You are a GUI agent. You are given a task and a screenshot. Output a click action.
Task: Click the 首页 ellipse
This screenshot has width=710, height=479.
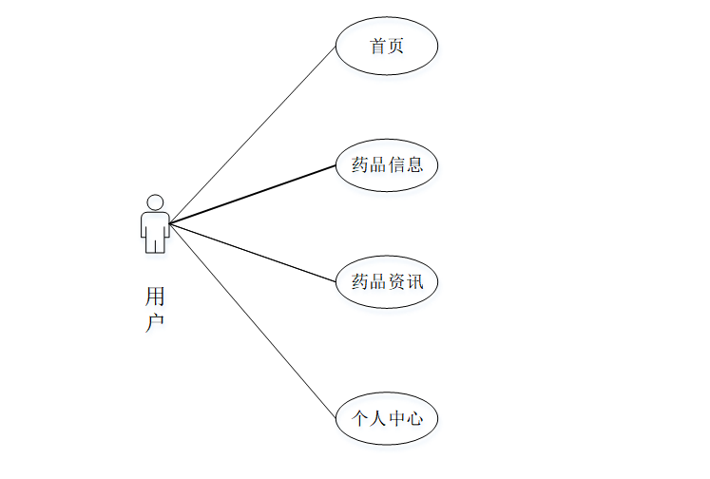point(387,46)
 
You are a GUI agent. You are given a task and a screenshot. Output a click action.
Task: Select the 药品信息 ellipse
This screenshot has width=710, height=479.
point(387,164)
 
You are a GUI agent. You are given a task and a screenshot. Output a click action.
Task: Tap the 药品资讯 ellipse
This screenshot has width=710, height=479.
point(387,281)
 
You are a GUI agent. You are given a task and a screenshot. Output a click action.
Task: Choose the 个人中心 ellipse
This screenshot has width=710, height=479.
point(387,417)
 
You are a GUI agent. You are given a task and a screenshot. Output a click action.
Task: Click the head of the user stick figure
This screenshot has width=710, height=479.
point(155,202)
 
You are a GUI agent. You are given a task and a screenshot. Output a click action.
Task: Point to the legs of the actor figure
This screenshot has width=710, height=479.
point(155,243)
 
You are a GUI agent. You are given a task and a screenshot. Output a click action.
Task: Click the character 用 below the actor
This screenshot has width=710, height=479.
point(155,296)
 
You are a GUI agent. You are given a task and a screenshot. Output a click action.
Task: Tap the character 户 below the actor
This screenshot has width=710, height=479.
point(155,322)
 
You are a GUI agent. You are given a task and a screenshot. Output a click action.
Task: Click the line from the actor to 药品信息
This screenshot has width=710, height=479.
point(253,195)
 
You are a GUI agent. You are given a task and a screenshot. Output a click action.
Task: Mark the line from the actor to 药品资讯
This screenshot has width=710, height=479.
point(253,253)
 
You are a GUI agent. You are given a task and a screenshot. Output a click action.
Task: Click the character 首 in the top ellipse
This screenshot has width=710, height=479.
point(378,46)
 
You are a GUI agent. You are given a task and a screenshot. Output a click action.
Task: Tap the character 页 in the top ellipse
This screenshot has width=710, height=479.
point(395,46)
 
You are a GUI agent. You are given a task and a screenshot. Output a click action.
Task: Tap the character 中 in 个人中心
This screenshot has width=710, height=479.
point(395,417)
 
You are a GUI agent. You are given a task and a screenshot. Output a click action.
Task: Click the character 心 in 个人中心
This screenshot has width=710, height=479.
point(414,417)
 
